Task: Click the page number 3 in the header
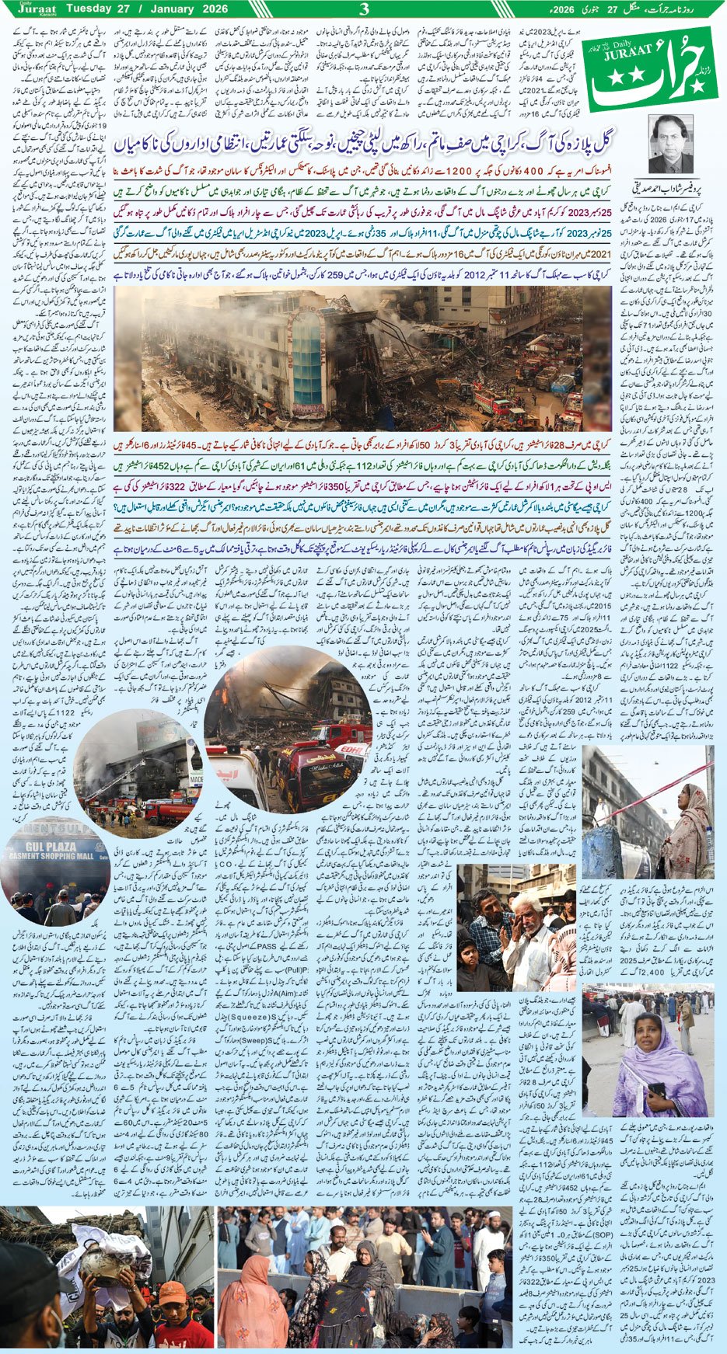click(363, 10)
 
